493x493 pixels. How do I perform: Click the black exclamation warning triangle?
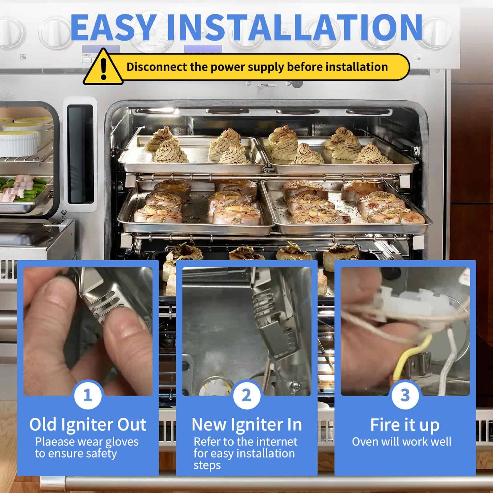coord(103,69)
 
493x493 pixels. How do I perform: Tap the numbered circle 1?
coord(88,395)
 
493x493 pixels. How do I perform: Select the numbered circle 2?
coord(246,395)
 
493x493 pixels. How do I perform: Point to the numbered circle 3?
coord(405,395)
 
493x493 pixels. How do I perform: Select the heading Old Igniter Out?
coord(88,425)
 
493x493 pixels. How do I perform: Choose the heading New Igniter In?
coord(246,425)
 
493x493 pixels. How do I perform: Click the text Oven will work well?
coord(402,442)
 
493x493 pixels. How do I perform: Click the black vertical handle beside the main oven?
coord(80,154)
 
